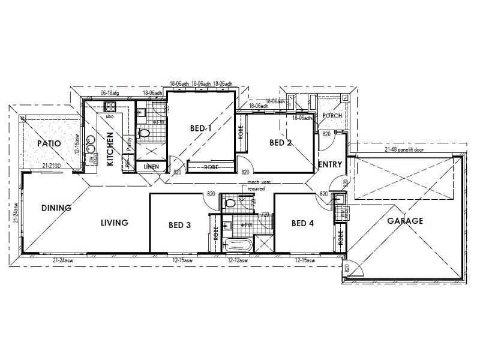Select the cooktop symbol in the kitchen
(110, 107)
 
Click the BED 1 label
(201, 128)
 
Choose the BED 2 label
(280, 143)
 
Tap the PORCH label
(332, 116)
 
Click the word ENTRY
(330, 164)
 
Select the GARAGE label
(404, 221)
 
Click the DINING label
(56, 208)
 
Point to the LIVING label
(114, 223)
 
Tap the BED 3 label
(179, 226)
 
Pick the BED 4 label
(302, 224)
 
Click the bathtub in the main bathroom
(237, 244)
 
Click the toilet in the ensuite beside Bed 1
(144, 133)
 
